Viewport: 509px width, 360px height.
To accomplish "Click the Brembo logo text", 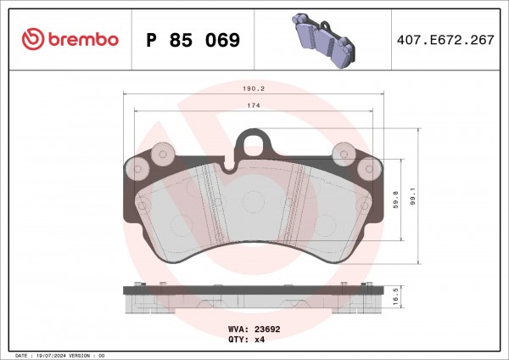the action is [x=83, y=39].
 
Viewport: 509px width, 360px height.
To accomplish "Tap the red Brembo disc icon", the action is [x=33, y=39].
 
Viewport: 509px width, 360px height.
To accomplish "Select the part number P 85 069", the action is [x=193, y=40].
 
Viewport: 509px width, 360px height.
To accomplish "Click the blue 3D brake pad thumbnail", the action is [x=324, y=40].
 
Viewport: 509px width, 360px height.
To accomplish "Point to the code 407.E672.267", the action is [x=445, y=40].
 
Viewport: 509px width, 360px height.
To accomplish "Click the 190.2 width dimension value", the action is [x=254, y=88].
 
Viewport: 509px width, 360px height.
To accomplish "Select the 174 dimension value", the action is [x=254, y=105].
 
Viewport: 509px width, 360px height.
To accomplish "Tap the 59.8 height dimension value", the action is [x=395, y=200].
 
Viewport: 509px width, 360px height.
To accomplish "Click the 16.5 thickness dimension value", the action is [x=395, y=297].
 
